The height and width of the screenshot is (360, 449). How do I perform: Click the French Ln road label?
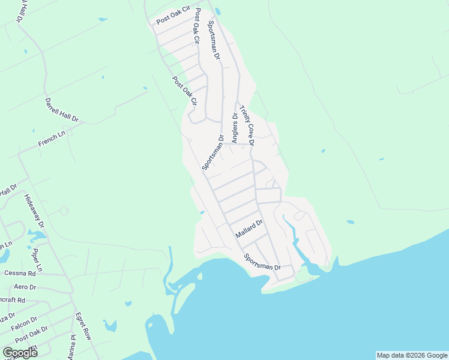click(x=51, y=140)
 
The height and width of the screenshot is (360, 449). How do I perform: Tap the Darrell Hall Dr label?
click(x=62, y=110)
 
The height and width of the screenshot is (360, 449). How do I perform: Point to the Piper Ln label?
click(x=37, y=260)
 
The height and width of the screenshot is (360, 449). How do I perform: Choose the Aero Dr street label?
click(x=25, y=287)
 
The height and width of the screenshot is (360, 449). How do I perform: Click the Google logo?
click(x=20, y=353)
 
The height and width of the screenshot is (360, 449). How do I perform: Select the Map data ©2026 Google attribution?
click(x=412, y=355)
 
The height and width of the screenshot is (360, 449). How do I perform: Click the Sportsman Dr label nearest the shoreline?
click(x=262, y=262)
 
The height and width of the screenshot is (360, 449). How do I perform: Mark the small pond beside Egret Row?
click(x=109, y=326)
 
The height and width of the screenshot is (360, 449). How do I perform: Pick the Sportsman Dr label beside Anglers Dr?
click(x=212, y=152)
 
